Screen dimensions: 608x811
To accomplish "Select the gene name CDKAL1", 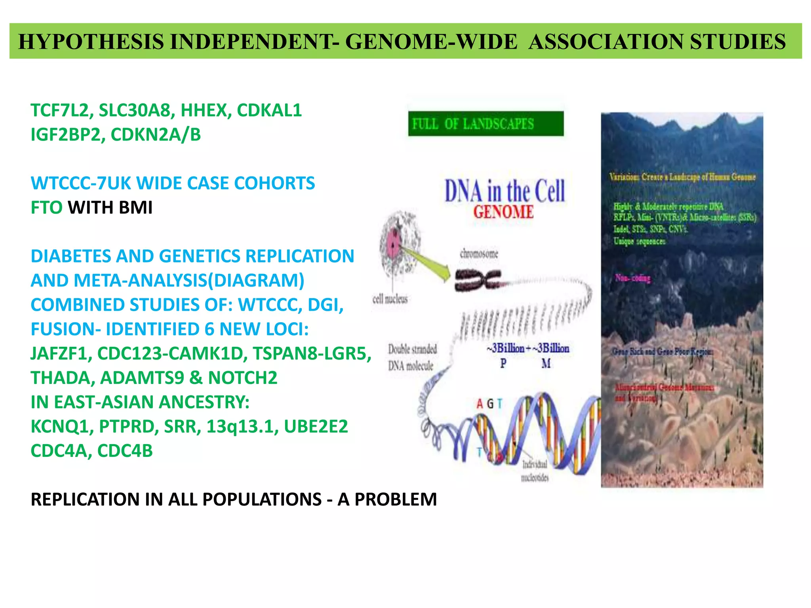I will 269,110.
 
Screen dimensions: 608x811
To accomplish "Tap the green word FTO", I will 46,208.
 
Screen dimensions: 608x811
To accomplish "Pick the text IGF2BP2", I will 67,135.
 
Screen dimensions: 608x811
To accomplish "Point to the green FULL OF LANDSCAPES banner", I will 485,124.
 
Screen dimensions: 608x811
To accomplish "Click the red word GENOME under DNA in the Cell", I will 503,212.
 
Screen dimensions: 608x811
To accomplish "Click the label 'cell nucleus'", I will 390,299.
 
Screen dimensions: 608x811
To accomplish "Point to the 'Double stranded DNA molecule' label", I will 412,357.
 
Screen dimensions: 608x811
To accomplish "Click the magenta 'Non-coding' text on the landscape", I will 632,278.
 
